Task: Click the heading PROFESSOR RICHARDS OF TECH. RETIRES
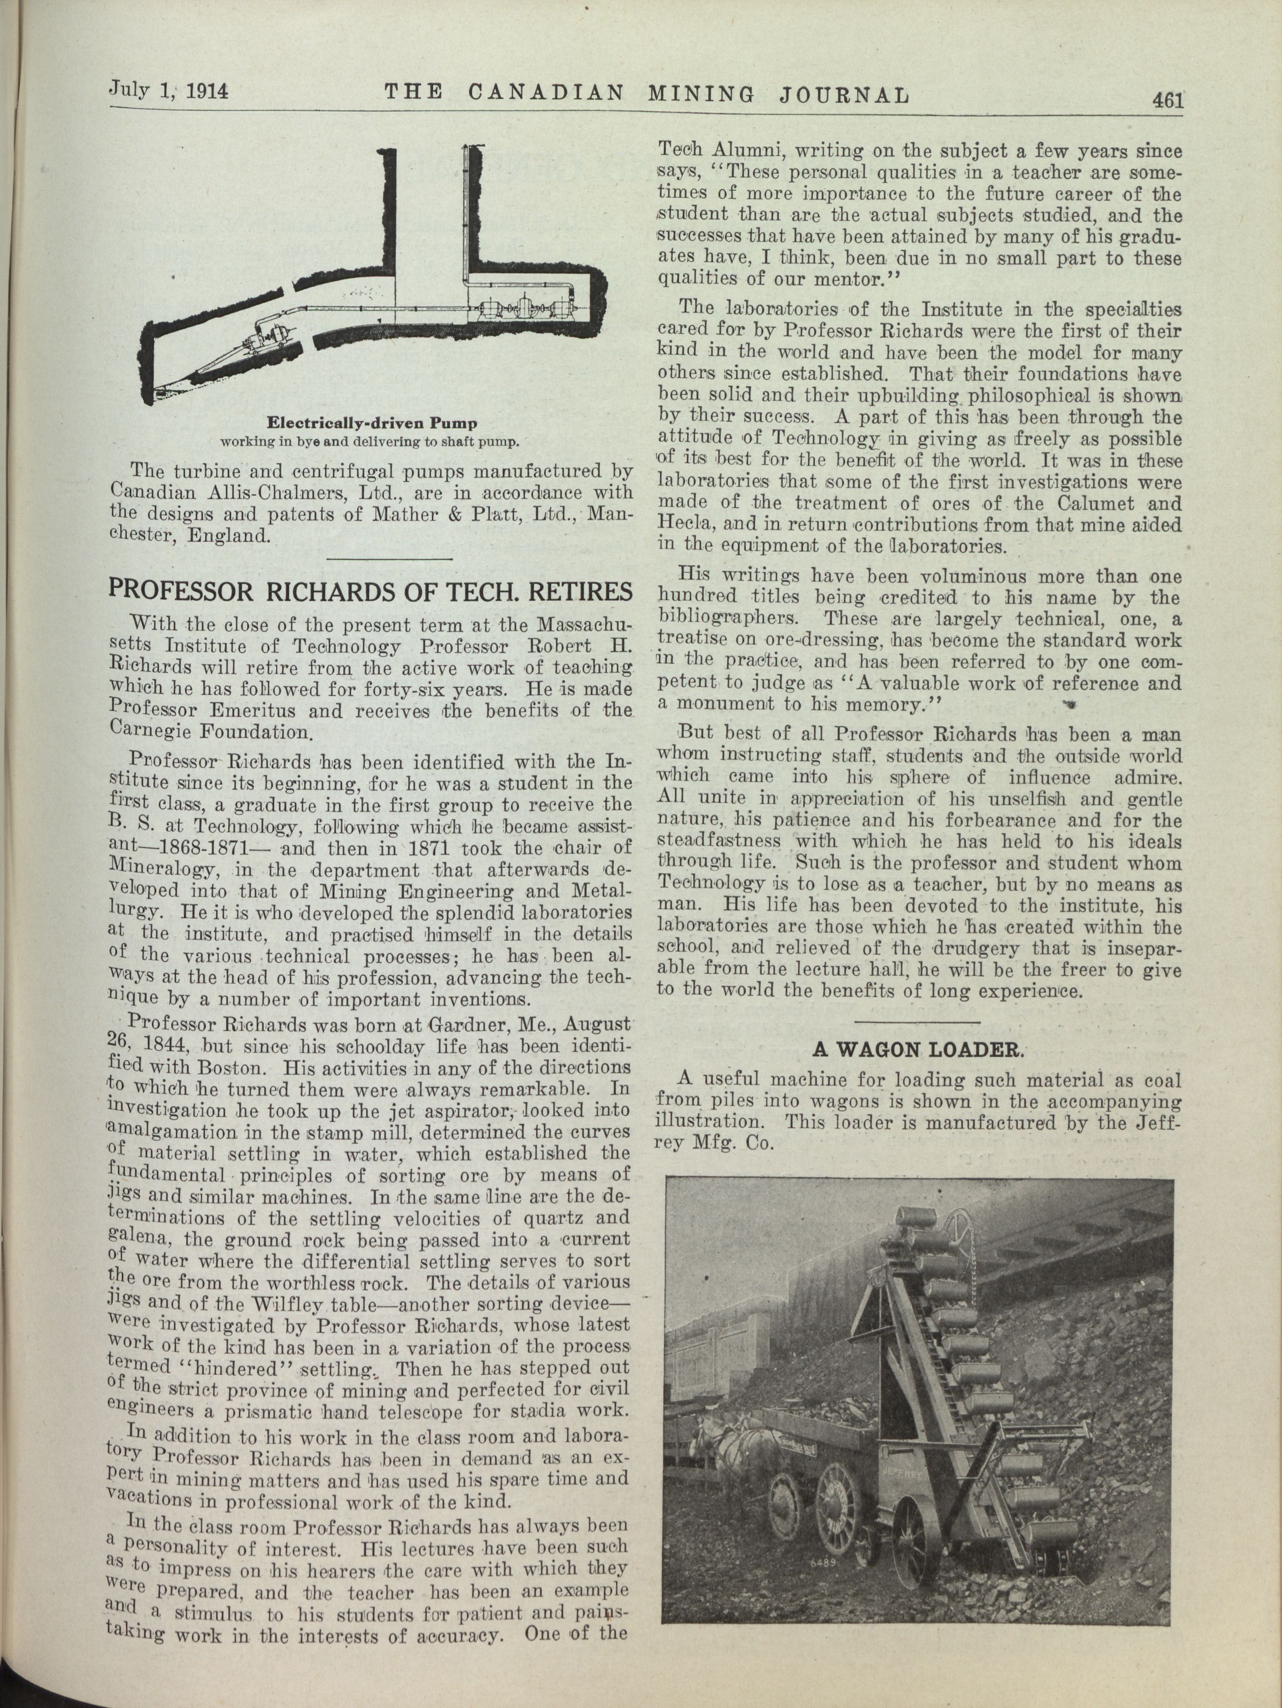371,592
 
